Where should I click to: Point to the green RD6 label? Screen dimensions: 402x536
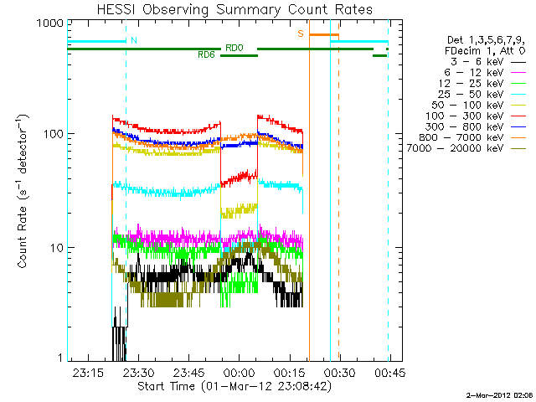(x=206, y=55)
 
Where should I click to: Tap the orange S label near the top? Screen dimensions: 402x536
(x=300, y=34)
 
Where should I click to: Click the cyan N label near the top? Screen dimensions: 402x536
(x=134, y=40)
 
